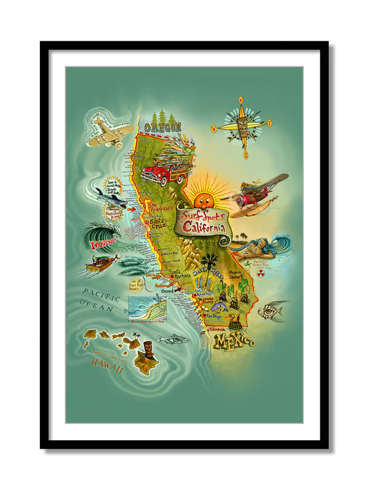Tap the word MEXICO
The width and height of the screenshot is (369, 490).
pyautogui.click(x=233, y=340)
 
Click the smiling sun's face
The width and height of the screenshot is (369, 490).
pyautogui.click(x=202, y=199)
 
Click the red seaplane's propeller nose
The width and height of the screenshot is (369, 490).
pyautogui.click(x=235, y=199)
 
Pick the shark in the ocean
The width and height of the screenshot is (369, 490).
pyautogui.click(x=111, y=197)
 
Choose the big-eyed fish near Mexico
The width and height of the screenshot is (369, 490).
pyautogui.click(x=272, y=311)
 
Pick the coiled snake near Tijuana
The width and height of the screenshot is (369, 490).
pyautogui.click(x=234, y=321)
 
